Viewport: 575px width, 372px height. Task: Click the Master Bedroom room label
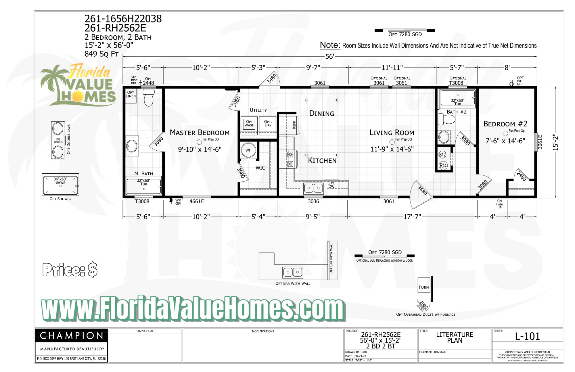click(x=200, y=133)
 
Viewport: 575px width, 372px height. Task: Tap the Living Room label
click(x=392, y=133)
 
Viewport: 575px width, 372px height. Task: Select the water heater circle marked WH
click(x=248, y=150)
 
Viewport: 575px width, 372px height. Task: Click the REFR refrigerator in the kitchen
click(x=294, y=125)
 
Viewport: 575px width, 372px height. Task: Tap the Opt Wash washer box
click(x=249, y=124)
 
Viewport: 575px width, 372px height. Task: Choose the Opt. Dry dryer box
click(x=268, y=124)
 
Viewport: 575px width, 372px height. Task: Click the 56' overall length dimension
click(x=329, y=56)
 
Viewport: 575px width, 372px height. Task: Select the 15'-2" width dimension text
click(x=555, y=142)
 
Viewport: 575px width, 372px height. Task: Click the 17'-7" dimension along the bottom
click(x=412, y=216)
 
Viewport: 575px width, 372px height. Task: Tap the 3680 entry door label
click(x=422, y=191)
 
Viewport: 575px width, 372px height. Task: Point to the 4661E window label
click(x=197, y=202)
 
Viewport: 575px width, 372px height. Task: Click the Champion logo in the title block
click(x=71, y=335)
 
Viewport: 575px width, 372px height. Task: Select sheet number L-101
click(x=527, y=336)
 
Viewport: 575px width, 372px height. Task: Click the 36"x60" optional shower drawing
click(x=60, y=185)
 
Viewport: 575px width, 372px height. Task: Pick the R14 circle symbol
click(x=443, y=166)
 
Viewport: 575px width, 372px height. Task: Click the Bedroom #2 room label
click(x=505, y=124)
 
